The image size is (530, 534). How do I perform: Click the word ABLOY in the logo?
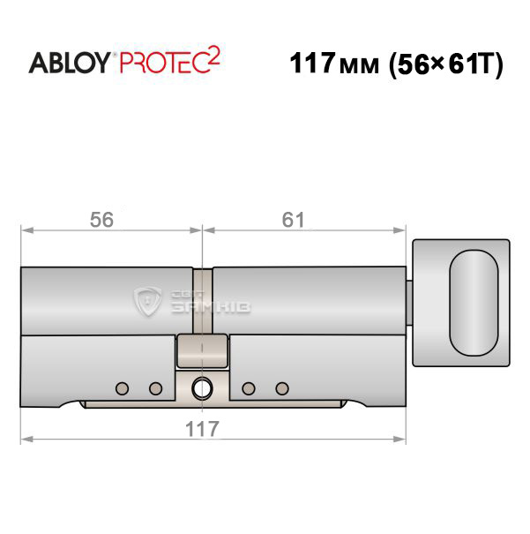70,63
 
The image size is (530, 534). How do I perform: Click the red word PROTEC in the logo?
163,63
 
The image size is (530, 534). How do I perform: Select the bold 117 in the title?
312,64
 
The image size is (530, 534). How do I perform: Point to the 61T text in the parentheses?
470,64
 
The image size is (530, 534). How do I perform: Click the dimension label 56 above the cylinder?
101,220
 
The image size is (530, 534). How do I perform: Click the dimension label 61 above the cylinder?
293,220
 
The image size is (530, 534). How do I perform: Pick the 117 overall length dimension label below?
202,429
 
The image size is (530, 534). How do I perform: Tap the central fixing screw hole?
203,388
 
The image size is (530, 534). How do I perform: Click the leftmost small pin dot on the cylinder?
122,388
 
